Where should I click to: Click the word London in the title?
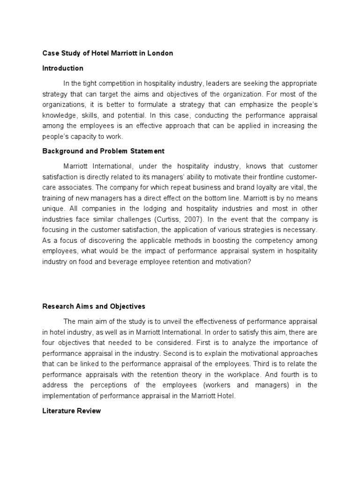click(161, 53)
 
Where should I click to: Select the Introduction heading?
click(63, 68)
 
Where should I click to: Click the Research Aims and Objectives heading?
click(94, 306)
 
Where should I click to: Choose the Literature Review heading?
click(71, 411)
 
